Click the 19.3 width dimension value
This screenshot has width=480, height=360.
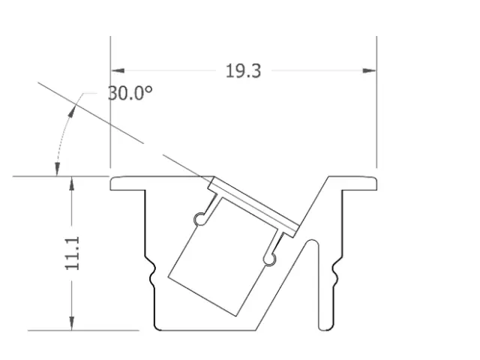click(x=243, y=71)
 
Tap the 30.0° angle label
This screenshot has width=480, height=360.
click(x=130, y=93)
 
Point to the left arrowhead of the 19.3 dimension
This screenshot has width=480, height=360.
click(x=118, y=71)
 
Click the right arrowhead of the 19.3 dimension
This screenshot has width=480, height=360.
click(x=370, y=71)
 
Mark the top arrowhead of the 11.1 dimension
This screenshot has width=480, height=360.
click(x=71, y=184)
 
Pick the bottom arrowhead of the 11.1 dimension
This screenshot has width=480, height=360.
click(x=71, y=323)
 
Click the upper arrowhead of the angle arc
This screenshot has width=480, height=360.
click(x=75, y=108)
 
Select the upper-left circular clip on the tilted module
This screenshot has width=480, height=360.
click(x=200, y=218)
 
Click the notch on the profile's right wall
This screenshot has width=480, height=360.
click(x=337, y=271)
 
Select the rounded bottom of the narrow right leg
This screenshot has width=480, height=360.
click(x=324, y=327)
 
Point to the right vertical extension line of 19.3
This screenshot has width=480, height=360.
click(x=376, y=112)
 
